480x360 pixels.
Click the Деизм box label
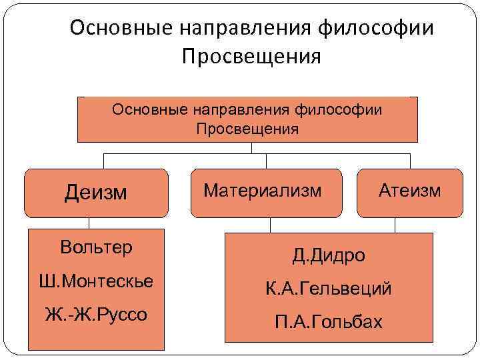coord(95,193)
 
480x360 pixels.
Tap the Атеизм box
coord(409,191)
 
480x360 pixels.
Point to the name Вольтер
coord(96,247)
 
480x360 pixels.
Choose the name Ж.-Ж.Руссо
coord(96,314)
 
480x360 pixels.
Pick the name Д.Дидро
coord(329,255)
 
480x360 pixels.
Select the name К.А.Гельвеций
coord(329,289)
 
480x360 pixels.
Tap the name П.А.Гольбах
coord(329,323)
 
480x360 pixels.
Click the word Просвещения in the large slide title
coord(251,56)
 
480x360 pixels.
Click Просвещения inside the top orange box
coord(247,129)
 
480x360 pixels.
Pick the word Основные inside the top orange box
coord(149,109)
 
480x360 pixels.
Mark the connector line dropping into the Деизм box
coord(103,161)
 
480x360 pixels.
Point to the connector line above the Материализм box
coord(265,161)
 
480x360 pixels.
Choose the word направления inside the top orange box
coord(243,109)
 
